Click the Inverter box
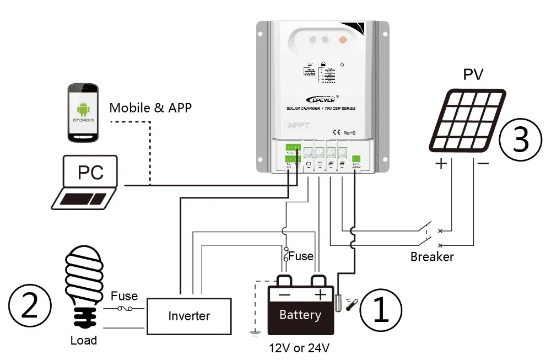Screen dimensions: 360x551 click(x=189, y=315)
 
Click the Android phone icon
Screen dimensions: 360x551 click(x=83, y=114)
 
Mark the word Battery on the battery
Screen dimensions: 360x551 click(x=300, y=315)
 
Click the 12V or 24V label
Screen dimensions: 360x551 click(x=300, y=348)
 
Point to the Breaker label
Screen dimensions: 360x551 click(x=432, y=257)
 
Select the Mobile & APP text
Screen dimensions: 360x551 click(x=150, y=107)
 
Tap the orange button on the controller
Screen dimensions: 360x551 click(x=342, y=40)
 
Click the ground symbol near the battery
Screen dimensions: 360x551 click(x=255, y=332)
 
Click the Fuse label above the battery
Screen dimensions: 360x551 click(x=301, y=256)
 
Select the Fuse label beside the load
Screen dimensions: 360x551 click(x=124, y=296)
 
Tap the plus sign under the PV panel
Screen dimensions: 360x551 click(x=442, y=164)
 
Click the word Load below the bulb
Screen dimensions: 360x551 click(x=83, y=340)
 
